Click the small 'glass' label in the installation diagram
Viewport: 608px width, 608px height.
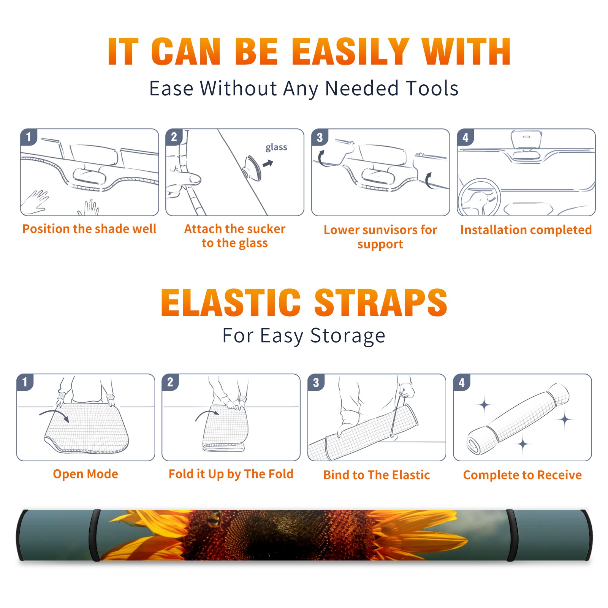[x=276, y=147]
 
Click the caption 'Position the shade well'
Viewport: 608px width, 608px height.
[x=89, y=229]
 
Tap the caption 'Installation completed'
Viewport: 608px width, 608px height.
[x=526, y=230]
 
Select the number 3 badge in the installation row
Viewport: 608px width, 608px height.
[x=320, y=137]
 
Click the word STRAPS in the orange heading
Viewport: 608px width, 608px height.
[x=381, y=302]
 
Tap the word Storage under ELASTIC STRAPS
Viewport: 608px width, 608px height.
[x=348, y=336]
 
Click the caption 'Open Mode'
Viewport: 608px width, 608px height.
[x=85, y=474]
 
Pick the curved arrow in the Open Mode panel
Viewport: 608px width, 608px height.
[x=54, y=413]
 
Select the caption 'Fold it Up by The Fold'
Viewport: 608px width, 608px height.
[x=231, y=474]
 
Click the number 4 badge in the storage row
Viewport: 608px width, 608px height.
[x=462, y=382]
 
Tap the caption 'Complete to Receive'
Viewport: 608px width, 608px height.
[x=522, y=475]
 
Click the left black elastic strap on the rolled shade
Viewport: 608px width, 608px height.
[x=95, y=535]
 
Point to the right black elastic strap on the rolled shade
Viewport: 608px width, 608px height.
[x=510, y=535]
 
